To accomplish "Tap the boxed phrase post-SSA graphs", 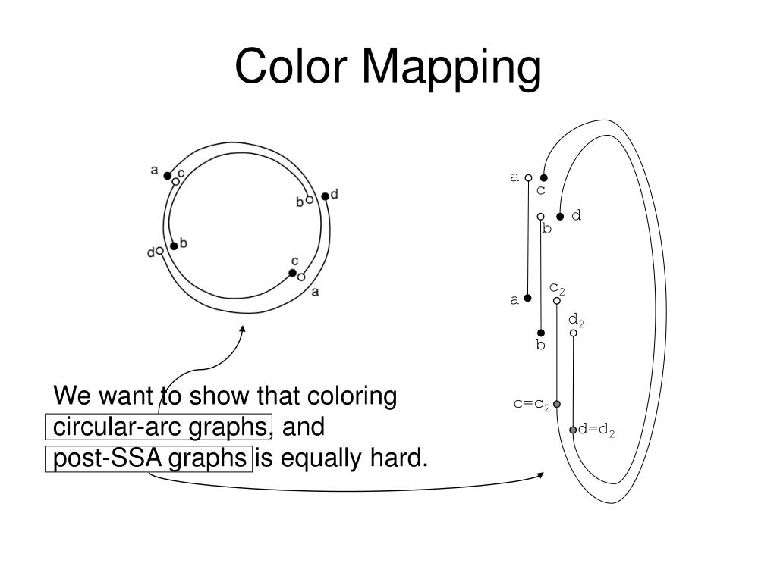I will [x=149, y=458].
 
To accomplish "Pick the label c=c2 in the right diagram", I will [x=531, y=403].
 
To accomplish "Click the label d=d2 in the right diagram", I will [x=596, y=430].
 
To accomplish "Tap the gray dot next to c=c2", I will [x=557, y=404].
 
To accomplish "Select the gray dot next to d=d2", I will [x=573, y=430].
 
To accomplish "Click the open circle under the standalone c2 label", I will [x=557, y=301].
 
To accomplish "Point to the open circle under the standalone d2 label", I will [x=574, y=333].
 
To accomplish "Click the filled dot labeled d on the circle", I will [x=325, y=196].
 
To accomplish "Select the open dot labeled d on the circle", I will [x=160, y=250].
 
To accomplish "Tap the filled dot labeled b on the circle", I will [x=174, y=246].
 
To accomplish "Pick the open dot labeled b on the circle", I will [x=310, y=200].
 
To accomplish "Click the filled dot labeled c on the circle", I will [x=292, y=273].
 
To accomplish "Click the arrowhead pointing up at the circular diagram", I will [x=243, y=330].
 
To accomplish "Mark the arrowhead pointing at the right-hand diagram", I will [x=541, y=475].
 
